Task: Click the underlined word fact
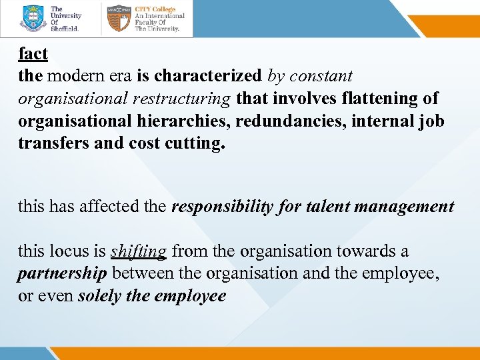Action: pyautogui.click(x=33, y=54)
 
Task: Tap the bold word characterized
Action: pyautogui.click(x=209, y=77)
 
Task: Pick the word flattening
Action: pyautogui.click(x=372, y=99)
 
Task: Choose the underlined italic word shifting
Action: pyautogui.click(x=138, y=251)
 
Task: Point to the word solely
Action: pyautogui.click(x=99, y=295)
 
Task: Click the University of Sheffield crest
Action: pyautogui.click(x=33, y=19)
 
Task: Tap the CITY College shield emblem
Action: pyautogui.click(x=119, y=19)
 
